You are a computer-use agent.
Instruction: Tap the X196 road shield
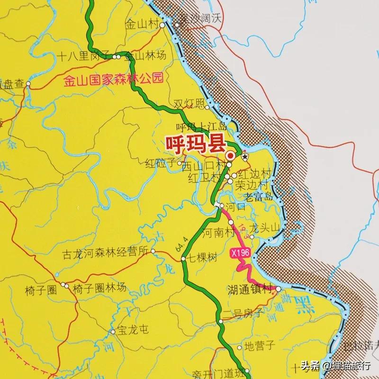pos(240,254)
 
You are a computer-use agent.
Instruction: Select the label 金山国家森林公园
pos(113,79)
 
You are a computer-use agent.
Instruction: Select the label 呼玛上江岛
pos(201,126)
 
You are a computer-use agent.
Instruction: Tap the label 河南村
pos(218,233)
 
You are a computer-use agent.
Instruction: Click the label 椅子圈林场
pos(100,287)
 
